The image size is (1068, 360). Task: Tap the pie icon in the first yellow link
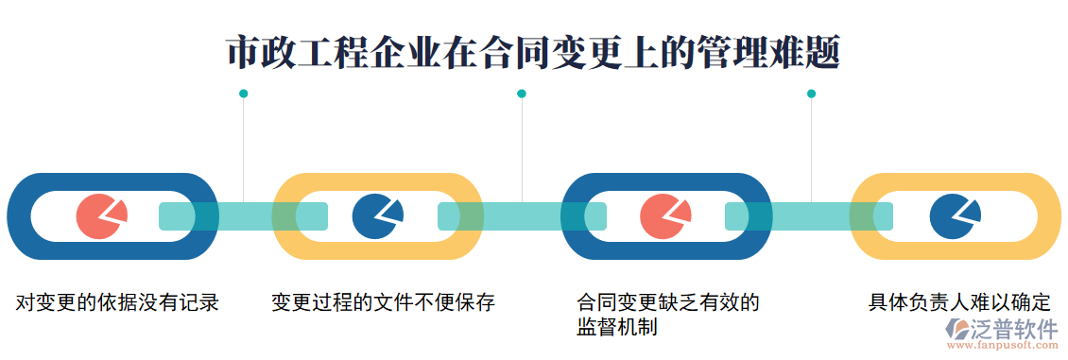click(x=377, y=216)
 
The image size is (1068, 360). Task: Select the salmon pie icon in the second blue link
click(x=664, y=216)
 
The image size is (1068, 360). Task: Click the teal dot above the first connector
click(x=243, y=94)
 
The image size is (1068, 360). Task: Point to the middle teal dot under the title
click(x=522, y=94)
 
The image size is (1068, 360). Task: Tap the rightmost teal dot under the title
click(x=811, y=94)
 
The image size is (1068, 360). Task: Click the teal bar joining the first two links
click(x=243, y=216)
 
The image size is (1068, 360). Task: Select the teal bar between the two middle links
click(x=522, y=216)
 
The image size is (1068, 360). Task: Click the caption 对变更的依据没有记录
click(x=118, y=303)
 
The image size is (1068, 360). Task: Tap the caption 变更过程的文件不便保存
click(x=383, y=303)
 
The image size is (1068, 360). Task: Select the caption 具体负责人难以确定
click(x=959, y=303)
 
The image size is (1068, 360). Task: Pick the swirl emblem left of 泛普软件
click(x=957, y=330)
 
